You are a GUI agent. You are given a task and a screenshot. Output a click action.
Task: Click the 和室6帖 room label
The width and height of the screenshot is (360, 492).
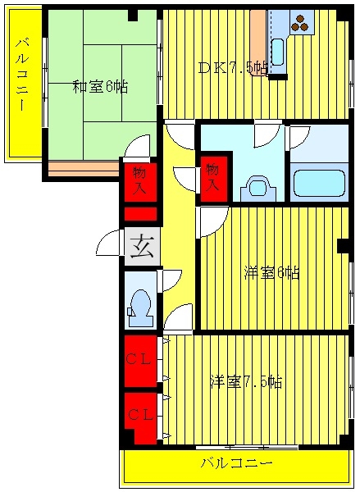(x=100, y=87)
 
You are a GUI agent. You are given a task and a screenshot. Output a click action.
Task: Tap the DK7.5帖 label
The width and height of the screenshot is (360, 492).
(x=233, y=68)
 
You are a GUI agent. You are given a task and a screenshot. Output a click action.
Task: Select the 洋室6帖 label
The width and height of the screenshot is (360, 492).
(x=271, y=273)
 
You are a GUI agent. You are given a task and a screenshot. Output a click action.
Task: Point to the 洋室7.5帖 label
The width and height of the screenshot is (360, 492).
(x=246, y=382)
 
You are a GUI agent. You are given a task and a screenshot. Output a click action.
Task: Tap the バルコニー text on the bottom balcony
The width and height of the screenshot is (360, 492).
(x=236, y=463)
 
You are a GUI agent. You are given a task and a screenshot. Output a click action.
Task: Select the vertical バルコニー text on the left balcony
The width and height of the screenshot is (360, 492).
(x=22, y=75)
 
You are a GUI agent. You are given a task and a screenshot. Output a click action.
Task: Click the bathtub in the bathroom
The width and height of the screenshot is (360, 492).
(x=319, y=184)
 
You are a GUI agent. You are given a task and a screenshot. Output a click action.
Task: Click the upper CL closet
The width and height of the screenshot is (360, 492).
(x=140, y=361)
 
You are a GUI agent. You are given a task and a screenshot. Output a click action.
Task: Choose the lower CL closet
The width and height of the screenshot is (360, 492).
(x=140, y=418)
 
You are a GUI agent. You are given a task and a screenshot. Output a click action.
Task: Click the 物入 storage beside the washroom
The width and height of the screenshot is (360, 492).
(x=213, y=178)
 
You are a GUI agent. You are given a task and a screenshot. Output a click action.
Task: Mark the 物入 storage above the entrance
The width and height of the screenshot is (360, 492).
(x=140, y=180)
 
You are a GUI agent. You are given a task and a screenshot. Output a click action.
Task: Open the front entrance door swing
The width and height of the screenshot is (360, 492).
(x=108, y=243)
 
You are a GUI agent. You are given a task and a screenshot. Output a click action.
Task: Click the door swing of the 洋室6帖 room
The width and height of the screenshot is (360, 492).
(x=213, y=221)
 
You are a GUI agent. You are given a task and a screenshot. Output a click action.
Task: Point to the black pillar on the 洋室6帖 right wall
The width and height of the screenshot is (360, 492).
(x=344, y=246)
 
